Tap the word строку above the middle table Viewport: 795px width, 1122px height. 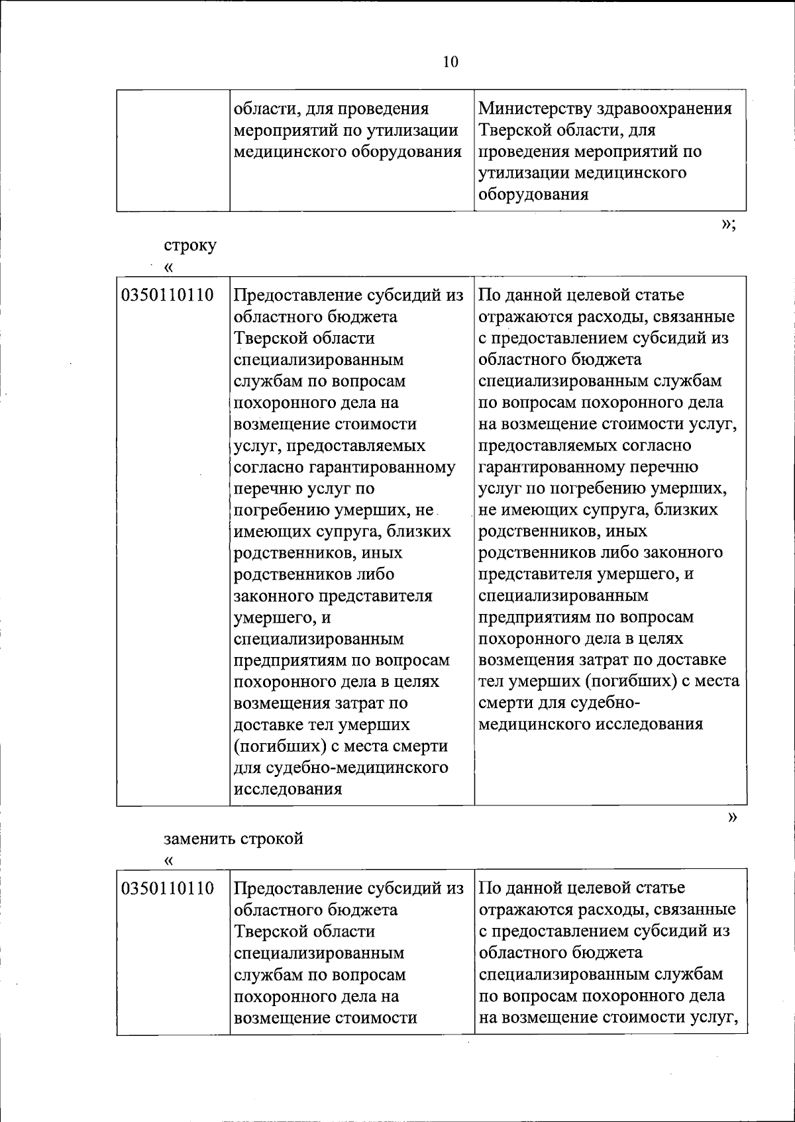pos(190,246)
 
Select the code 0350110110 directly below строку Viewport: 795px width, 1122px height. pos(168,295)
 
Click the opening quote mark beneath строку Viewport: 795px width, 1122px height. pos(168,268)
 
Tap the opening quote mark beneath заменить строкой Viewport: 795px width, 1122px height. pos(168,860)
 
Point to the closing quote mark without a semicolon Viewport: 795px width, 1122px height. pos(731,817)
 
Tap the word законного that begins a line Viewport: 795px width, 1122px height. pos(274,596)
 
